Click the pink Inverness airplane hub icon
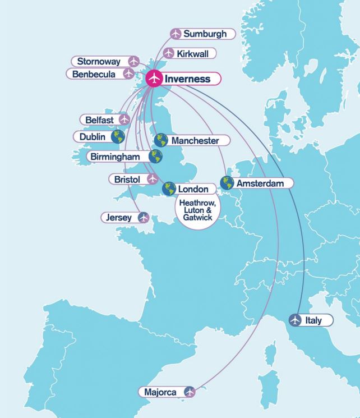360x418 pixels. click(154, 79)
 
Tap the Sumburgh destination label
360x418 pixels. click(205, 34)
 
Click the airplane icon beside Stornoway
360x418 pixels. click(133, 61)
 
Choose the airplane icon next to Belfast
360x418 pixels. click(124, 120)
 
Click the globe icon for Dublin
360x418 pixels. click(118, 136)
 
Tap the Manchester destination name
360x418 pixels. click(195, 140)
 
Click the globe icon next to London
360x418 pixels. click(167, 189)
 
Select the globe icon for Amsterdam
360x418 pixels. click(227, 183)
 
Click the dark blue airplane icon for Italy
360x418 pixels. click(295, 320)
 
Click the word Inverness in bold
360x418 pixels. click(188, 79)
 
